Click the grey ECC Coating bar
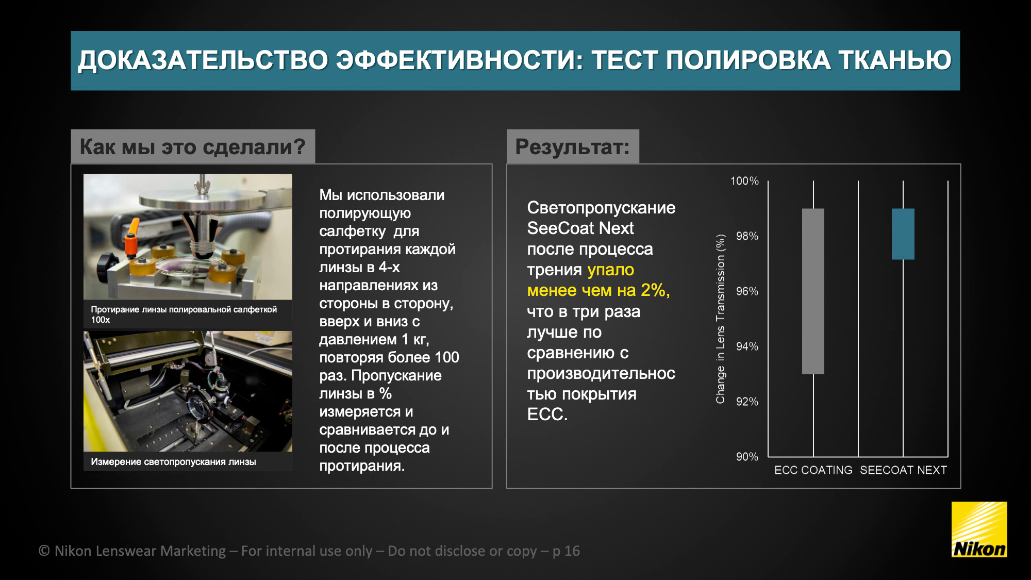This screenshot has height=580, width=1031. [x=813, y=291]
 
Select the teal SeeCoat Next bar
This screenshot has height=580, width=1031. [x=903, y=234]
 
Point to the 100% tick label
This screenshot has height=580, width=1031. [x=744, y=181]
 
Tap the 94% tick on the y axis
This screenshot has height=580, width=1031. [x=747, y=346]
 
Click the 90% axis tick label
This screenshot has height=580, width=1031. [x=747, y=457]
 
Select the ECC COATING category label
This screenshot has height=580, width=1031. [x=813, y=470]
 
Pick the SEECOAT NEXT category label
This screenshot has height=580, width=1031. [x=903, y=470]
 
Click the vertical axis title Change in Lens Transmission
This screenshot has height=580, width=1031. [x=720, y=319]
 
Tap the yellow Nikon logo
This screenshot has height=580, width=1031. [x=979, y=529]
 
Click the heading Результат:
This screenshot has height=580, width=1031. [x=572, y=147]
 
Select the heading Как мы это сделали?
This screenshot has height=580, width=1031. [x=192, y=147]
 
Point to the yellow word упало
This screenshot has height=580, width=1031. [x=610, y=270]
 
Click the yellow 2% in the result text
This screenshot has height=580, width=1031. [x=653, y=290]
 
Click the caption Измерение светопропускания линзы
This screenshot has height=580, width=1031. [x=173, y=462]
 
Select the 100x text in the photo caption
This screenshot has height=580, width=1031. [x=100, y=320]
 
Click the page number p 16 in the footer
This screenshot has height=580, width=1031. [x=566, y=551]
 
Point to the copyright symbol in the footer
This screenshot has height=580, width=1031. [x=44, y=551]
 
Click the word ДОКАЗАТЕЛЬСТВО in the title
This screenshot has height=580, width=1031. [x=203, y=60]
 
